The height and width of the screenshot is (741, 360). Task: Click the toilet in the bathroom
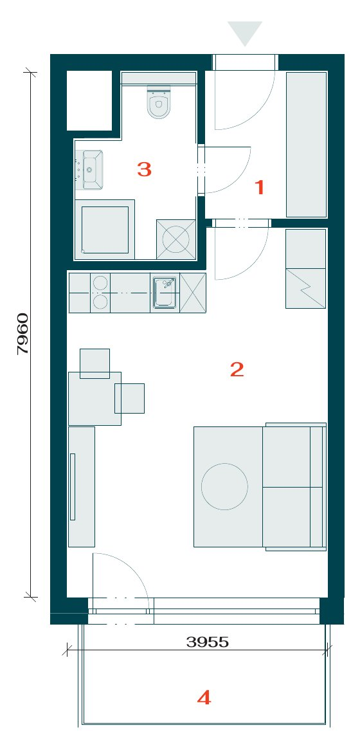coord(158,102)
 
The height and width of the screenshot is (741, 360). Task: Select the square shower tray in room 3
coord(105,230)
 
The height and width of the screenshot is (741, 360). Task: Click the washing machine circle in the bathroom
coord(175,239)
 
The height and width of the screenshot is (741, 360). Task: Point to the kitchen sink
coord(165,293)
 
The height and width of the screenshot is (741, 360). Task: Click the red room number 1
coord(259,188)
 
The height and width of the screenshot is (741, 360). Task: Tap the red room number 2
coord(237,369)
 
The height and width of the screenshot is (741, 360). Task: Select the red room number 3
coord(144,169)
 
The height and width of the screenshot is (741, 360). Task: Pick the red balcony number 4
coord(204,697)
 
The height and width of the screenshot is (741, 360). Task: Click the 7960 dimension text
coord(22,333)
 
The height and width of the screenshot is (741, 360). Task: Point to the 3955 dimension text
coord(208,642)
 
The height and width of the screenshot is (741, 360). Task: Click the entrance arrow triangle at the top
coord(245,33)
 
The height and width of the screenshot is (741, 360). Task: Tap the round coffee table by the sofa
coord(224,486)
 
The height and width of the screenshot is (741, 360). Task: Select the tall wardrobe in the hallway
coord(307,145)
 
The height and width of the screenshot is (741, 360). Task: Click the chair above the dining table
coord(94,363)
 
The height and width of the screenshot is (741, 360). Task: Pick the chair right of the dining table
coord(129,398)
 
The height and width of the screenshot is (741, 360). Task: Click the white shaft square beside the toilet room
coord(89,100)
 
